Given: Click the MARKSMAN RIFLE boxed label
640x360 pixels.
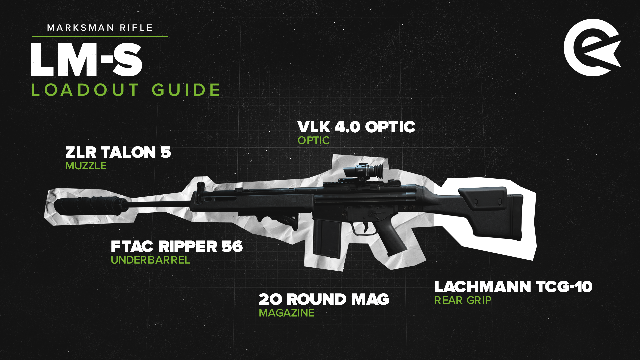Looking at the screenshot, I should pyautogui.click(x=100, y=27).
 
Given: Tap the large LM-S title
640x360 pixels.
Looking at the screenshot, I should pyautogui.click(x=87, y=60).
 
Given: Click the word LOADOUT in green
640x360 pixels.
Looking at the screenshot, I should pyautogui.click(x=85, y=90).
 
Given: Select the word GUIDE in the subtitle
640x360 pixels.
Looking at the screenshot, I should pyautogui.click(x=186, y=90).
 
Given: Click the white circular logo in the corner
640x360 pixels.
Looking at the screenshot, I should pyautogui.click(x=592, y=48).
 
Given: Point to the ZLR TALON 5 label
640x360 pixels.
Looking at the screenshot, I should pyautogui.click(x=118, y=152).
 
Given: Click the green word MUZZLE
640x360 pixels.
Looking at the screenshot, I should pyautogui.click(x=86, y=166).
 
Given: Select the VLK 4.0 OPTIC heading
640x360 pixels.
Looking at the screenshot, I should pyautogui.click(x=356, y=127).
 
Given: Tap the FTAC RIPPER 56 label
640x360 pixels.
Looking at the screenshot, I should pyautogui.click(x=177, y=247).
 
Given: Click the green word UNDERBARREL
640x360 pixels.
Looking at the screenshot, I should pyautogui.click(x=150, y=260).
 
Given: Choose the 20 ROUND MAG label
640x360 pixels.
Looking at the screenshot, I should pyautogui.click(x=324, y=299).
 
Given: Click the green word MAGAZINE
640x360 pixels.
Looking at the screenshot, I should pyautogui.click(x=287, y=313).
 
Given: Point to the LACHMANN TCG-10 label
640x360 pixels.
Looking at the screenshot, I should pyautogui.click(x=513, y=287).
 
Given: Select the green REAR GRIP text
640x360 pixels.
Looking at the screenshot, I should pyautogui.click(x=463, y=300).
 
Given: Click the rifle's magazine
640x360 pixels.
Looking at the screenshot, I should pyautogui.click(x=327, y=238).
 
